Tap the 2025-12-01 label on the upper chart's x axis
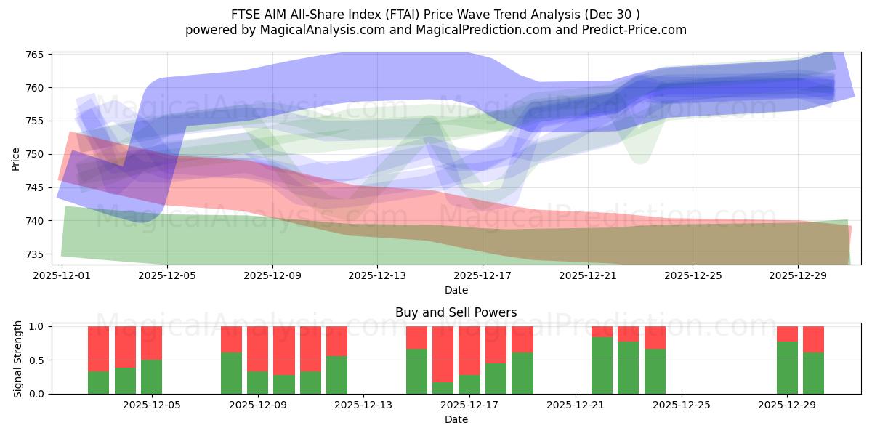pos(62,276)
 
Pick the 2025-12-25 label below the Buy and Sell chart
pos(681,405)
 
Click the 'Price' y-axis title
pos(16,158)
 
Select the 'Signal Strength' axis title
pos(18,360)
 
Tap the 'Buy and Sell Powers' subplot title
pos(456,312)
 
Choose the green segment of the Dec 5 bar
pos(151,376)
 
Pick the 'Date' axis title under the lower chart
pos(456,419)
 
